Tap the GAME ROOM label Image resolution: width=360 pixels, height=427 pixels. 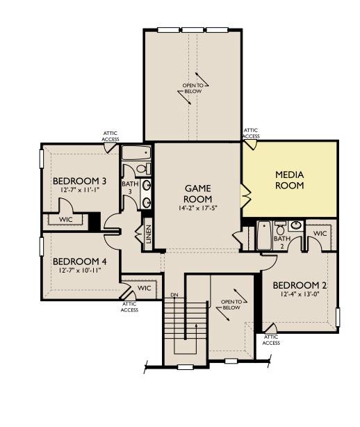pyautogui.click(x=197, y=193)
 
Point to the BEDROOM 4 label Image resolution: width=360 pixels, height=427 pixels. pyautogui.click(x=79, y=261)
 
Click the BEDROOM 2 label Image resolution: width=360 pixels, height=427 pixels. pyautogui.click(x=300, y=285)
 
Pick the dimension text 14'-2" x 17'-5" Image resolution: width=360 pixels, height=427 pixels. pyautogui.click(x=197, y=207)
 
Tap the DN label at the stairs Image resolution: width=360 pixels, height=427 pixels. pyautogui.click(x=174, y=296)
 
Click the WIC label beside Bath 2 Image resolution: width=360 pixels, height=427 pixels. pyautogui.click(x=320, y=234)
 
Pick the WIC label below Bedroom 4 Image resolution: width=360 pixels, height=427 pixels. pyautogui.click(x=144, y=287)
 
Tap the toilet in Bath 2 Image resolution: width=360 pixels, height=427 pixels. pyautogui.click(x=280, y=228)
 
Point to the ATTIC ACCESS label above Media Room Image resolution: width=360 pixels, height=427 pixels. pyautogui.click(x=251, y=134)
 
